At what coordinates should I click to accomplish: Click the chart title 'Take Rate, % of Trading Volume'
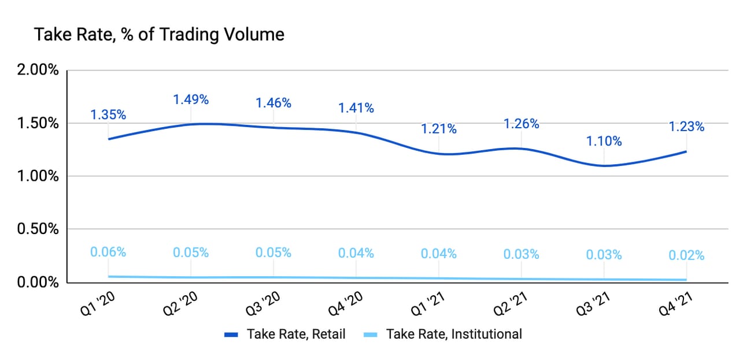(x=160, y=35)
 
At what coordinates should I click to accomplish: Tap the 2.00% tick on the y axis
(x=39, y=70)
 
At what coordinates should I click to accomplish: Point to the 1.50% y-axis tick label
(x=39, y=124)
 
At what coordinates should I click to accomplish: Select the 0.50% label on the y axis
(x=39, y=229)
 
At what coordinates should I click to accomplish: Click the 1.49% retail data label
(x=191, y=99)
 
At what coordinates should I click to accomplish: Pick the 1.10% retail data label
(x=604, y=141)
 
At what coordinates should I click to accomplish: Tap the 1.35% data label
(x=108, y=114)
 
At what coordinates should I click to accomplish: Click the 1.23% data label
(x=687, y=127)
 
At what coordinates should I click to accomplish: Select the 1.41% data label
(x=356, y=107)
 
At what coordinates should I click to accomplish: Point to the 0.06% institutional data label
(x=108, y=252)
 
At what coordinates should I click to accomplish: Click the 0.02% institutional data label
(x=687, y=255)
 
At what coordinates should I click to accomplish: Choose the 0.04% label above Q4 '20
(x=356, y=253)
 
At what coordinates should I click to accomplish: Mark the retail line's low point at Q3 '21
(x=604, y=166)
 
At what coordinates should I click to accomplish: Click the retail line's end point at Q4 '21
(x=686, y=151)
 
